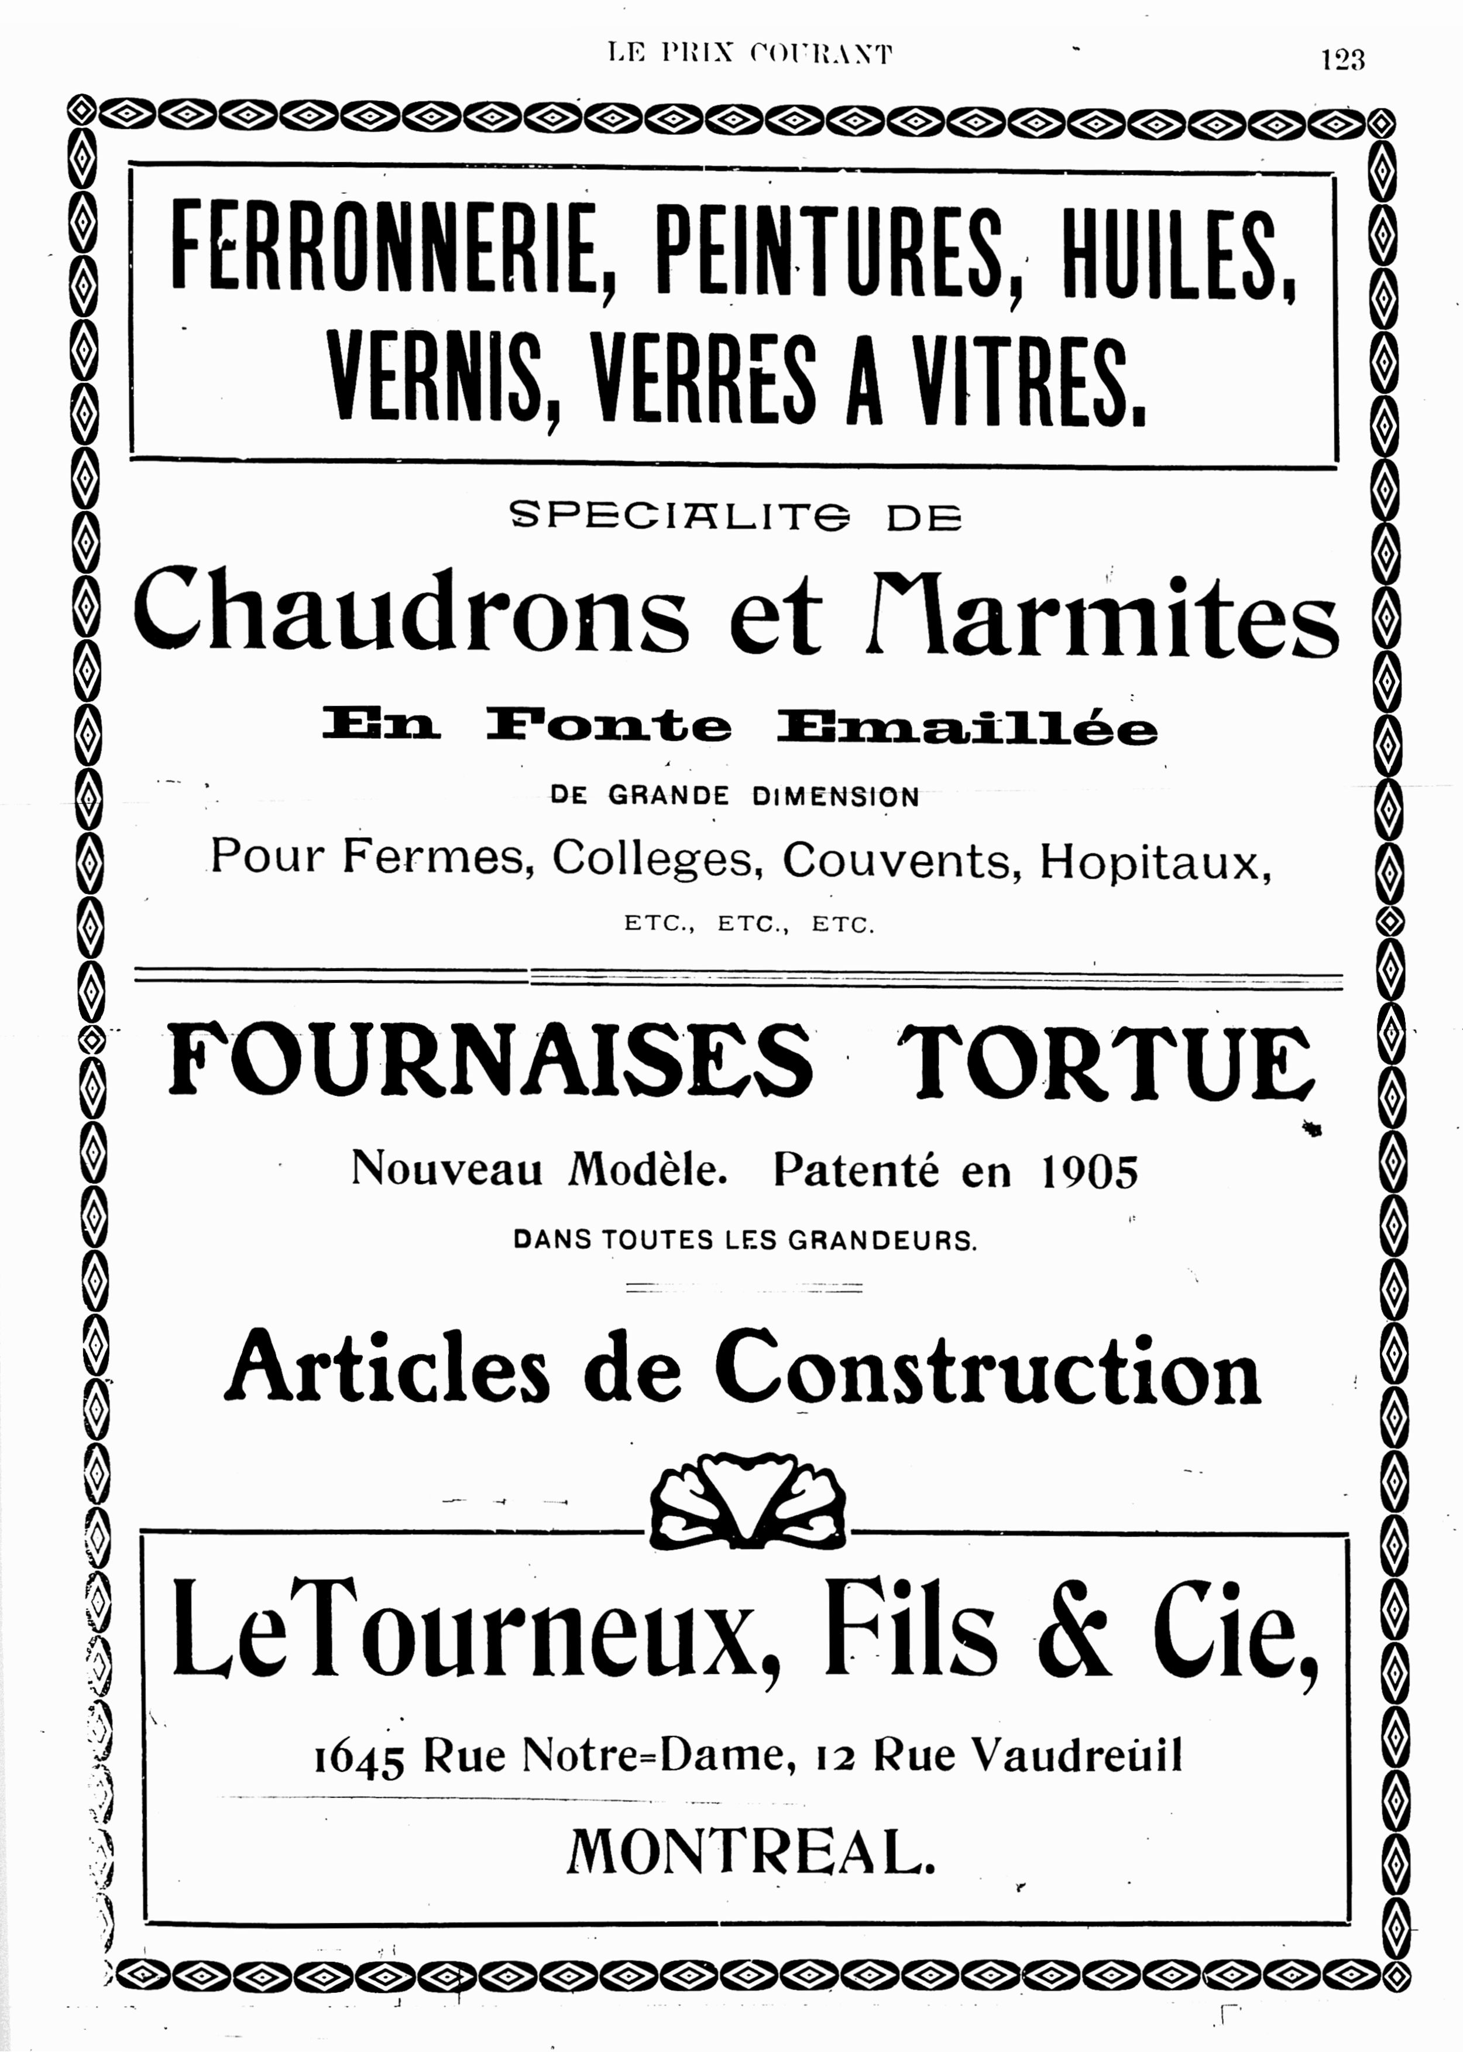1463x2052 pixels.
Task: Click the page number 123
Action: click(x=1342, y=60)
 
